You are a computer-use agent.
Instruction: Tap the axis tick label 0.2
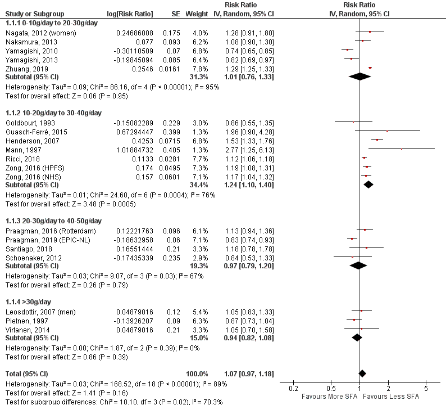[x=293, y=389]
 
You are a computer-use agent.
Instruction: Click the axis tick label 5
[x=426, y=389]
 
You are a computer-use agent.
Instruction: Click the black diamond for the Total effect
[x=362, y=373]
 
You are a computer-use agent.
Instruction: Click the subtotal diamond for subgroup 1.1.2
[x=368, y=184]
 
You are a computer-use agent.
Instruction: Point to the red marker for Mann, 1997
[x=402, y=149]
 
